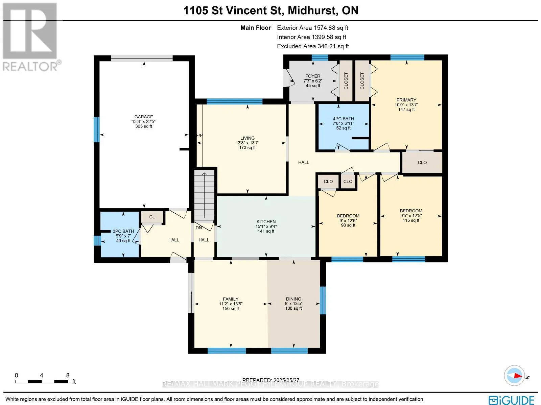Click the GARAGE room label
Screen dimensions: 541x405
pyautogui.click(x=144, y=117)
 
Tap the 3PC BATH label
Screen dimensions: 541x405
pyautogui.click(x=123, y=231)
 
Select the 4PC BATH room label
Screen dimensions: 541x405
pyautogui.click(x=343, y=119)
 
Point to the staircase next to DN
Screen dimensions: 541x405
pyautogui.click(x=204, y=196)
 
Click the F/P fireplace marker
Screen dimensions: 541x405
pyautogui.click(x=199, y=135)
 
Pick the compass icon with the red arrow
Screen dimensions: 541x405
pyautogui.click(x=514, y=376)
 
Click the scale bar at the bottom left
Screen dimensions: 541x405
pyautogui.click(x=41, y=381)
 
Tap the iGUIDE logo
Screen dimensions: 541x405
pyautogui.click(x=512, y=400)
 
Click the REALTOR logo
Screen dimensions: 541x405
pyautogui.click(x=30, y=37)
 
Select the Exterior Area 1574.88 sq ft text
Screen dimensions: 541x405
pyautogui.click(x=312, y=28)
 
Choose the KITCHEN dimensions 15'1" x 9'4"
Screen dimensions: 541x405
pyautogui.click(x=266, y=226)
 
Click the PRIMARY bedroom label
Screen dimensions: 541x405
pyautogui.click(x=406, y=100)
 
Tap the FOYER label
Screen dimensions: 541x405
pyautogui.click(x=313, y=76)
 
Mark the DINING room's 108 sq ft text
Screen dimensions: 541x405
pyautogui.click(x=293, y=308)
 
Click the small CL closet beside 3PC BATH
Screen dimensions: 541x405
pyautogui.click(x=152, y=217)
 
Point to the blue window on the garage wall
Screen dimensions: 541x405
pyautogui.click(x=97, y=129)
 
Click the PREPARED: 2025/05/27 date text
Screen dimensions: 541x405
pyautogui.click(x=270, y=380)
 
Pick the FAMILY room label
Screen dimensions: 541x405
pyautogui.click(x=231, y=299)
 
